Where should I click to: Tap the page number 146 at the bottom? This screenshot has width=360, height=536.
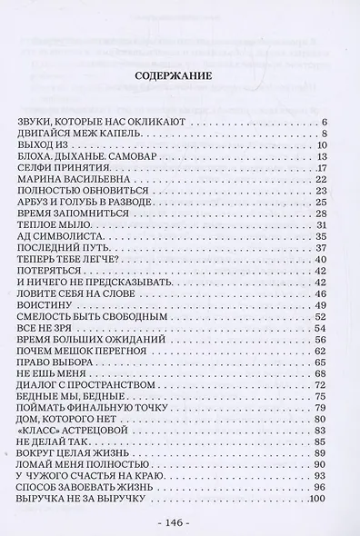[x=180, y=524]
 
